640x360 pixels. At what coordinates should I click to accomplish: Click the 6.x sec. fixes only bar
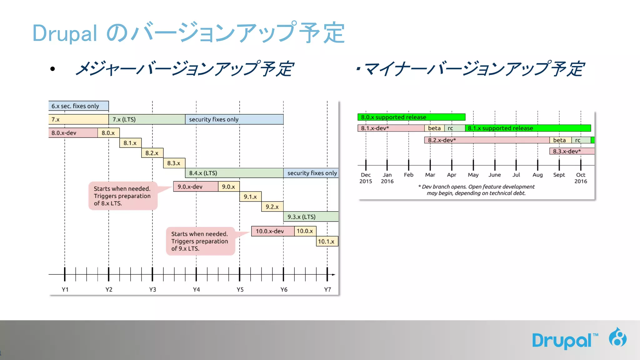(x=78, y=106)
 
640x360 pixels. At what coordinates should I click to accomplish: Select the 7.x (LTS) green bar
(x=147, y=119)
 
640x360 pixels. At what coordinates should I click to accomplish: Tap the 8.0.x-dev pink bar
(x=73, y=133)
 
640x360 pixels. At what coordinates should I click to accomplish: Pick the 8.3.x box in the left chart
(x=174, y=163)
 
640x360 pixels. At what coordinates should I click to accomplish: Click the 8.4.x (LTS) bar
(x=234, y=173)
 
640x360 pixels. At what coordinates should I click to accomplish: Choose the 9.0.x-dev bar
(x=196, y=187)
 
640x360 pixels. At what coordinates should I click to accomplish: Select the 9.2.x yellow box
(x=272, y=207)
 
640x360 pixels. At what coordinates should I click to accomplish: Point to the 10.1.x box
(x=327, y=242)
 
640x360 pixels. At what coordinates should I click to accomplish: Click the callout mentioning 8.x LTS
(x=122, y=196)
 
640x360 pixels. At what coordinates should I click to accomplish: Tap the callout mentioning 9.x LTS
(x=200, y=241)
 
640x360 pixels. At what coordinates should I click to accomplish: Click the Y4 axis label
(x=196, y=290)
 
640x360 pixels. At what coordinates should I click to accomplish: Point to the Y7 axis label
(x=327, y=290)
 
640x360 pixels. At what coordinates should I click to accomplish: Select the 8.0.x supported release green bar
(x=411, y=117)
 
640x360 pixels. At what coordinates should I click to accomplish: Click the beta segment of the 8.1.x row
(x=434, y=128)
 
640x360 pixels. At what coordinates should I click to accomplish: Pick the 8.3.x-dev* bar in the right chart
(x=572, y=151)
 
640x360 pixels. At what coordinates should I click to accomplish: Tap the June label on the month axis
(x=495, y=175)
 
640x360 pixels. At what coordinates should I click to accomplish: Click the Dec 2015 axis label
(x=366, y=178)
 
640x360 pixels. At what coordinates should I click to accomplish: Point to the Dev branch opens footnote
(x=476, y=190)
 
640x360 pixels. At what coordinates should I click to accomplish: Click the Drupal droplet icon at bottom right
(x=617, y=337)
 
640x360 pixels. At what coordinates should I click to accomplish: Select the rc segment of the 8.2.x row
(x=581, y=140)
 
